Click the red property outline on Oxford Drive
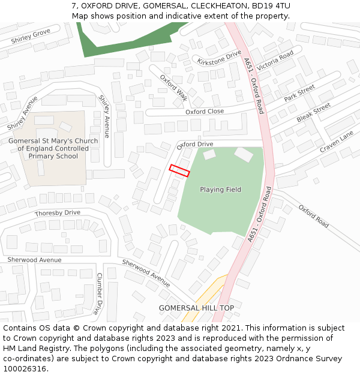tap(179, 170)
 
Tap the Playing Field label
tap(220, 190)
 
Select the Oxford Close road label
tap(204, 112)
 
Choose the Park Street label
tap(299, 93)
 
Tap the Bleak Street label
tap(313, 112)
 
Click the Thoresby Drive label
tap(57, 213)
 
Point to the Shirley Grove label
tap(31, 37)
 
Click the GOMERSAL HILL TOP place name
tap(196, 308)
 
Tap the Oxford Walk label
tap(173, 88)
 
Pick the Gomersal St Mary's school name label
tap(53, 149)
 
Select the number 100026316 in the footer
tap(25, 368)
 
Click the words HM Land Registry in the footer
tap(31, 348)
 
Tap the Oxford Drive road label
tap(195, 145)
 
